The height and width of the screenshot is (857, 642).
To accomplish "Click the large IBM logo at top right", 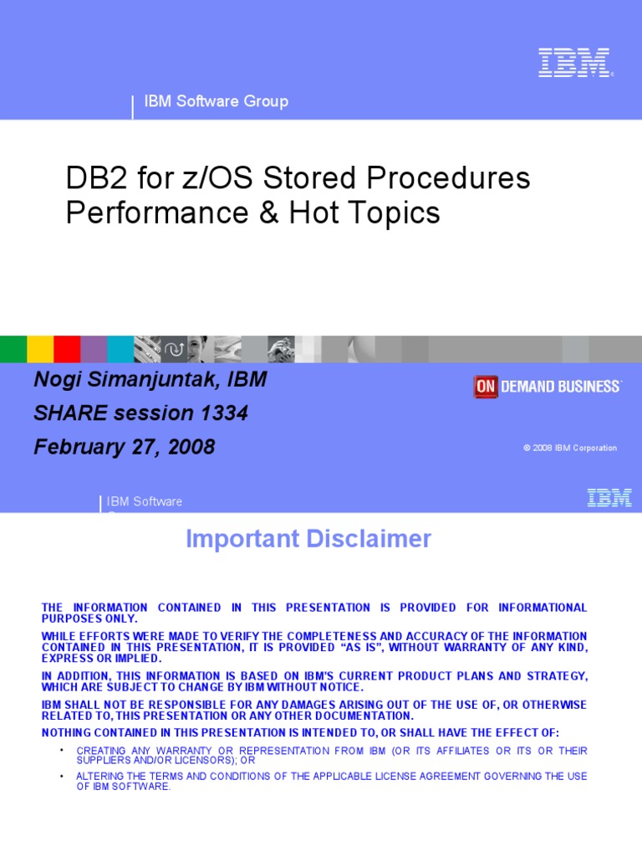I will [574, 63].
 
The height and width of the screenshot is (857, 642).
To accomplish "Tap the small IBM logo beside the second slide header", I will [609, 498].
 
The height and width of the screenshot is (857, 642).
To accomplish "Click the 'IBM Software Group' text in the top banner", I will [216, 101].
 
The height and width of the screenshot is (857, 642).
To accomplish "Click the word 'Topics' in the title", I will [395, 213].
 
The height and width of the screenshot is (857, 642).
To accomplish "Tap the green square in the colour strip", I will [13, 348].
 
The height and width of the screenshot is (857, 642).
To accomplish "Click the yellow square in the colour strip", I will [40, 348].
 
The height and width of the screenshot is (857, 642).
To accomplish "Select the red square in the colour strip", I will [67, 348].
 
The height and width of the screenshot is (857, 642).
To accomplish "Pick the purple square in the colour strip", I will [94, 348].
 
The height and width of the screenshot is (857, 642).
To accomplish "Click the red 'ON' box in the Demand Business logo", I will [486, 387].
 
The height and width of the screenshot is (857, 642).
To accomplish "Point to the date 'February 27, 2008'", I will [124, 447].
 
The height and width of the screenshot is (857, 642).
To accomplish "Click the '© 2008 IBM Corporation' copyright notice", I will [570, 448].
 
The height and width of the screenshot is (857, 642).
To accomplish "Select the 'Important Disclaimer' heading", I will [308, 539].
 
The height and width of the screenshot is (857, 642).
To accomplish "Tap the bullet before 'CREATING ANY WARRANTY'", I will [62, 750].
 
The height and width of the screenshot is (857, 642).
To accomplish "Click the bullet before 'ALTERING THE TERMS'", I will [62, 776].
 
